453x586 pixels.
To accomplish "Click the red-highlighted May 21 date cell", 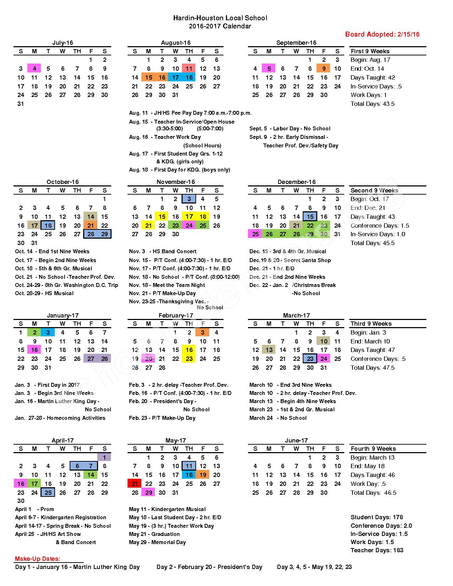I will point(135,484).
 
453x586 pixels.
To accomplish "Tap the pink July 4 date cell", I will point(34,69).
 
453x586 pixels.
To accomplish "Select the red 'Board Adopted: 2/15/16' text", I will point(382,34).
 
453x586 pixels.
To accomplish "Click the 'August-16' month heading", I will point(176,43).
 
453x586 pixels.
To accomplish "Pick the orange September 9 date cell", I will point(324,69).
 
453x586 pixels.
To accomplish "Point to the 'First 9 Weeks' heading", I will point(370,51).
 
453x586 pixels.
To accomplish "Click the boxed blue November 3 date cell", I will point(189,199).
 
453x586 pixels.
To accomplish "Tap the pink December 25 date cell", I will point(255,234).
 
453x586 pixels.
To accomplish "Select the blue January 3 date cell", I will point(48,332).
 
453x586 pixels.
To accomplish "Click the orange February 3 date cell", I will point(203,332).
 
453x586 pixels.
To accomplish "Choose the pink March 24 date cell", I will point(324,359).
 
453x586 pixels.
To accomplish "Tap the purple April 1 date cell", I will point(104,457).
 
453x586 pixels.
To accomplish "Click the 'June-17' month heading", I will point(296,440).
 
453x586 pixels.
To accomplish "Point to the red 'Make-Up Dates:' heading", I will point(37,559).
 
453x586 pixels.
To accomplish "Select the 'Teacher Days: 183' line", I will point(377,550).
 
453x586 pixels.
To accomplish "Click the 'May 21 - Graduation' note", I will point(154,534).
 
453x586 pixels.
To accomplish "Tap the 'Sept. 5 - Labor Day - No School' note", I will point(290,129).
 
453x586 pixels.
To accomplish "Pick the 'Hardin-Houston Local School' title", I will point(220,18).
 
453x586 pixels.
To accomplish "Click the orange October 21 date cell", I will point(91,225).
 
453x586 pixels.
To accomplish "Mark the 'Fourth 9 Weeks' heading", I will point(373,449).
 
